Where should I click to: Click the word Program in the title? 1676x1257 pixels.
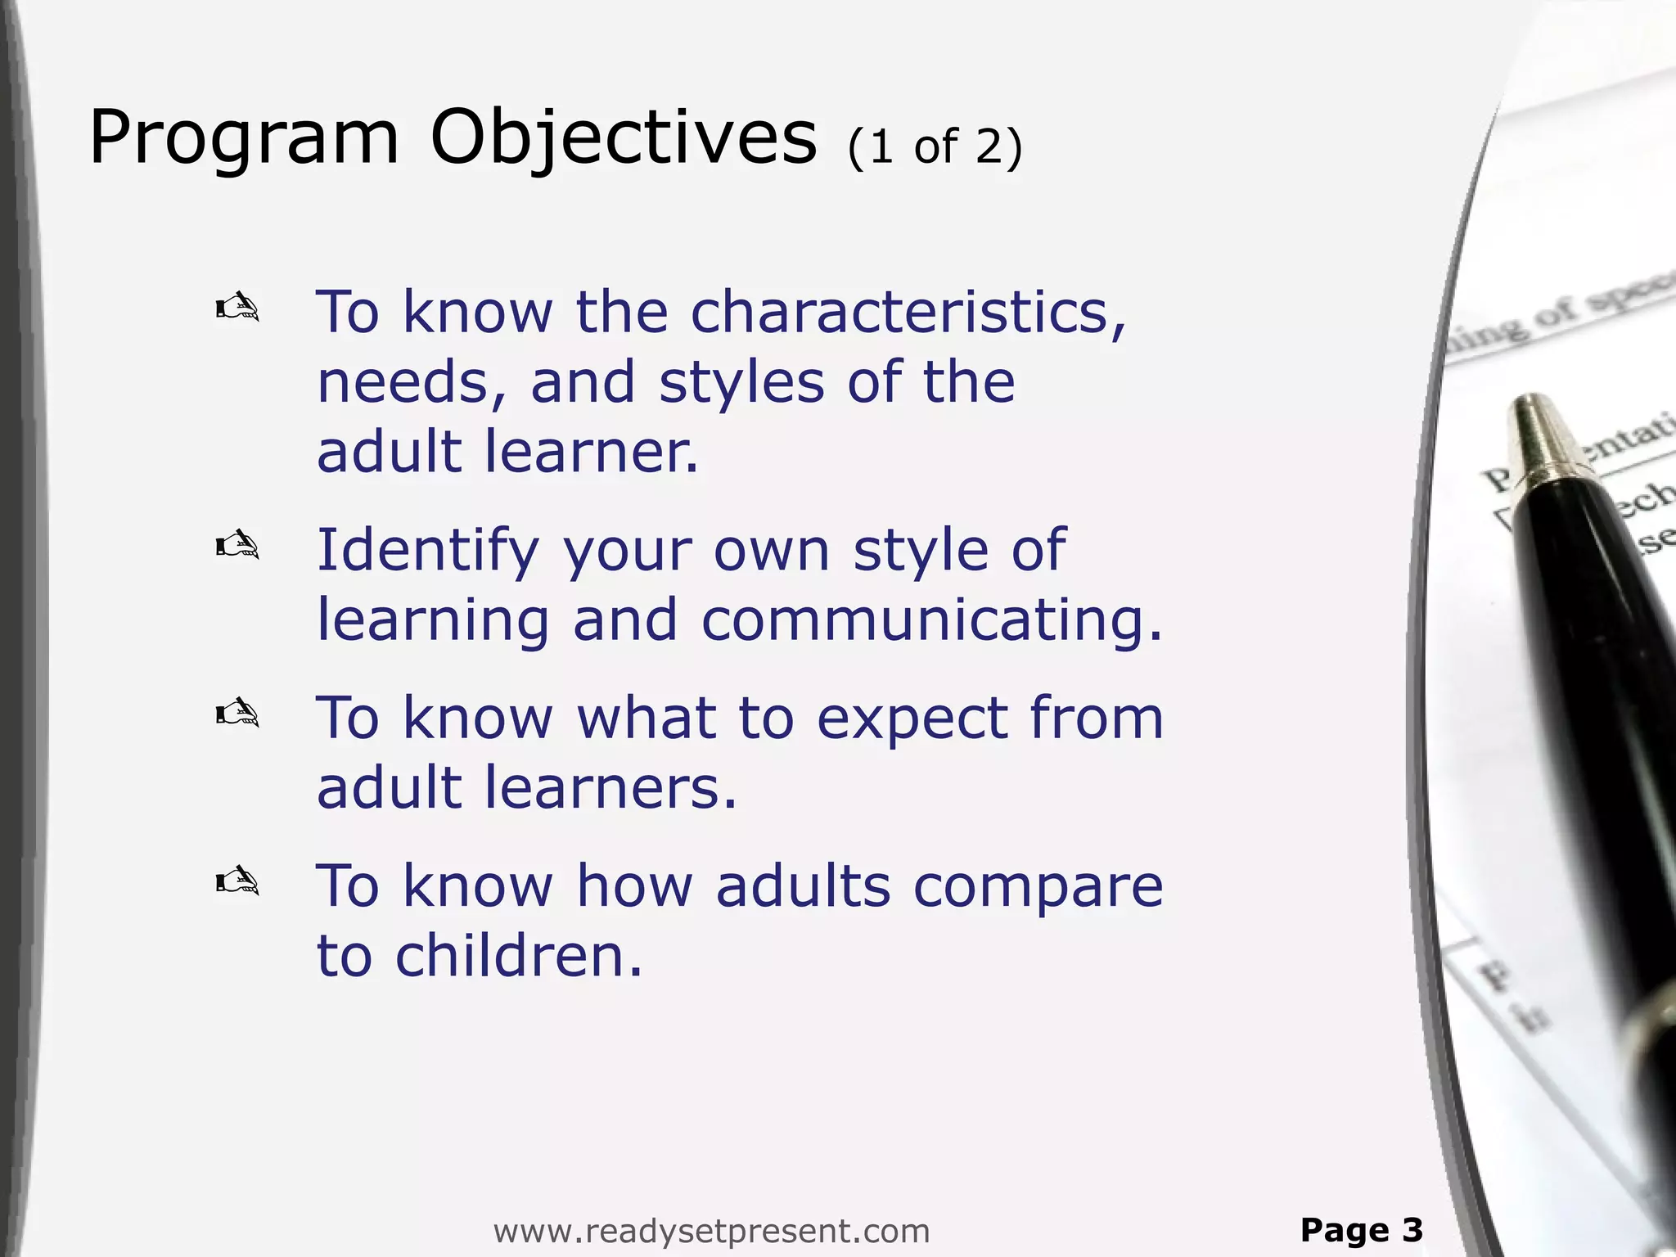click(244, 139)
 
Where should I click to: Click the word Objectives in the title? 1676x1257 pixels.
click(623, 139)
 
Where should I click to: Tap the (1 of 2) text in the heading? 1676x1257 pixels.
click(935, 147)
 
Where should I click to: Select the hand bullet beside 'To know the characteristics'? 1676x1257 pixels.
click(237, 309)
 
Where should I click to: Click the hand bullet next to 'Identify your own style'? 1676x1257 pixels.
click(237, 545)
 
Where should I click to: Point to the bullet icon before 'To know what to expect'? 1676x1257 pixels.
click(237, 714)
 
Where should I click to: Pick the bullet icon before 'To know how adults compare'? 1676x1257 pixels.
click(237, 882)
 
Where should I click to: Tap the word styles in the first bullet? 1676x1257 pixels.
click(741, 382)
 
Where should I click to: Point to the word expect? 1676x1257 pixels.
click(912, 719)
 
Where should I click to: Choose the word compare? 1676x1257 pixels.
click(1037, 887)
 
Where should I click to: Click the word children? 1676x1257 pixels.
click(518, 956)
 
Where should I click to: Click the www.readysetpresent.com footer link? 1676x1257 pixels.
click(711, 1230)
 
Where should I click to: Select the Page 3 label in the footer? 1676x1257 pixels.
click(1362, 1229)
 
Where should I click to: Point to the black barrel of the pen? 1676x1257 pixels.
click(1596, 696)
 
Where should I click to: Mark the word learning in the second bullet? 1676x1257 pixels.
click(433, 619)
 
